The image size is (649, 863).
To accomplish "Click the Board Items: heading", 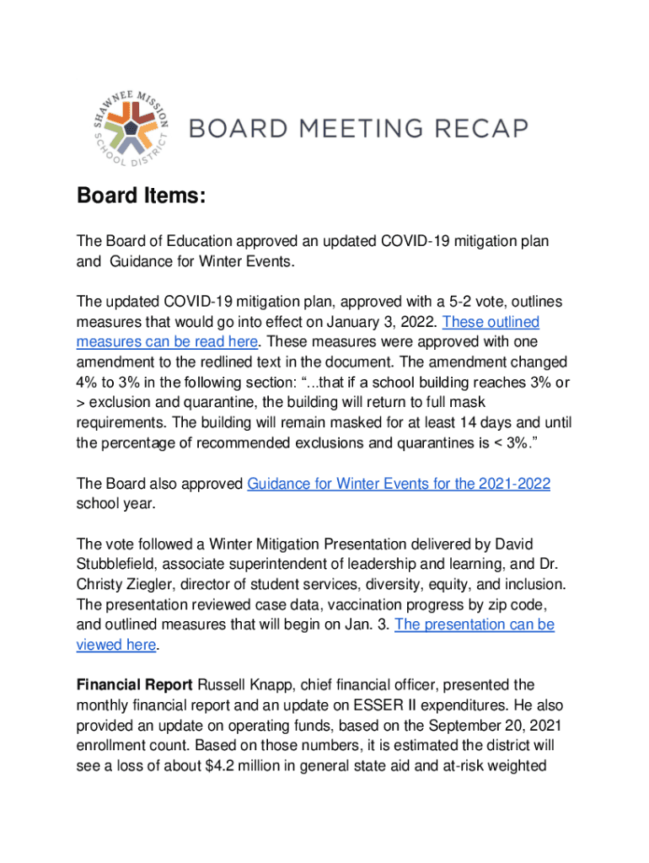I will [141, 196].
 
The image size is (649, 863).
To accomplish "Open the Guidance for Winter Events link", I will [399, 484].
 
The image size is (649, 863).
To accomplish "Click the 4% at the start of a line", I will [89, 383].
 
